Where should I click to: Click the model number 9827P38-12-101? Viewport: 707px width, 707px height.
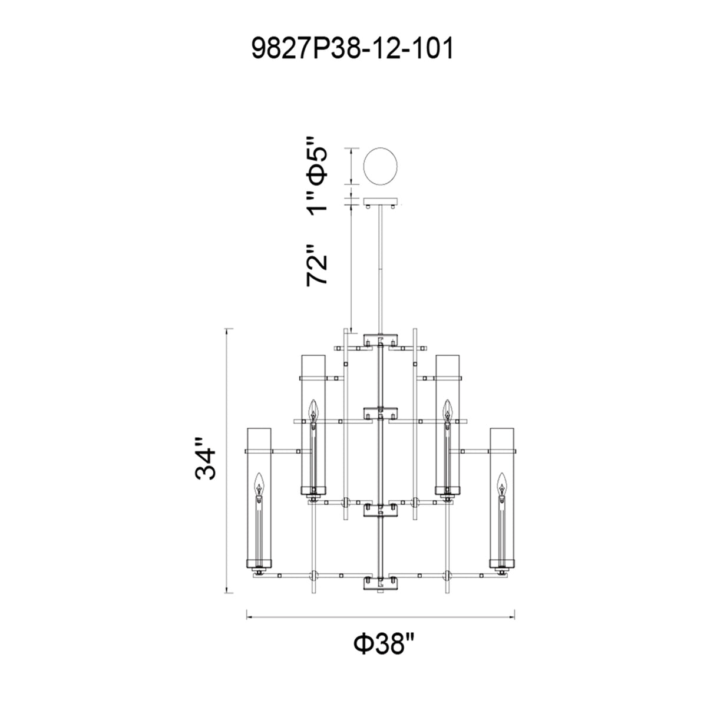352,49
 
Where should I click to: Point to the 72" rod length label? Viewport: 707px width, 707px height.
316,265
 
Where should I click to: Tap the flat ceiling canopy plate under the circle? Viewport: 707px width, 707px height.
381,202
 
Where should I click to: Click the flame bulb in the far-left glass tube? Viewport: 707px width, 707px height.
259,484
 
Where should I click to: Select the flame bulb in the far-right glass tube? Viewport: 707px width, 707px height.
501,484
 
